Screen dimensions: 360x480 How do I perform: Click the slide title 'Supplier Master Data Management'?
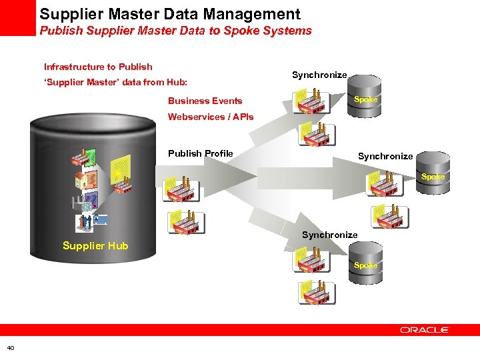(169, 14)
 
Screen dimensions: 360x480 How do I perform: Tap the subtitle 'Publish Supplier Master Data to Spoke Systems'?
(175, 31)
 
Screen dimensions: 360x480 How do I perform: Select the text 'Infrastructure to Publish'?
(98, 67)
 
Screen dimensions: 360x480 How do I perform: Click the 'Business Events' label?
(205, 101)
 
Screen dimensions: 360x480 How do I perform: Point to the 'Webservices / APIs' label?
(211, 117)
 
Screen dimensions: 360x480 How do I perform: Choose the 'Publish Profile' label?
(200, 153)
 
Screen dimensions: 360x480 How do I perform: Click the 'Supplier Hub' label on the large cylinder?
(95, 246)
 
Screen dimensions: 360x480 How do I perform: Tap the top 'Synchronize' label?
(319, 75)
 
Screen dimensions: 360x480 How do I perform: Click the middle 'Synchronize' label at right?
(385, 157)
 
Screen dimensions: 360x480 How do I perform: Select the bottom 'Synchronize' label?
(329, 235)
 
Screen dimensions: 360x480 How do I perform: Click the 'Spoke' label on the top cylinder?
(365, 100)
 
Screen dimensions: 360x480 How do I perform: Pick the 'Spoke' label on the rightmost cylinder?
(433, 177)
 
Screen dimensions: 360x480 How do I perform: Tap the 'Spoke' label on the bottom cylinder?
(365, 265)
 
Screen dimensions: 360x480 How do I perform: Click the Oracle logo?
(425, 329)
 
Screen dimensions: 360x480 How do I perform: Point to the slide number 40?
(11, 347)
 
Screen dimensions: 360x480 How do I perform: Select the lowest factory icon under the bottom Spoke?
(313, 291)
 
